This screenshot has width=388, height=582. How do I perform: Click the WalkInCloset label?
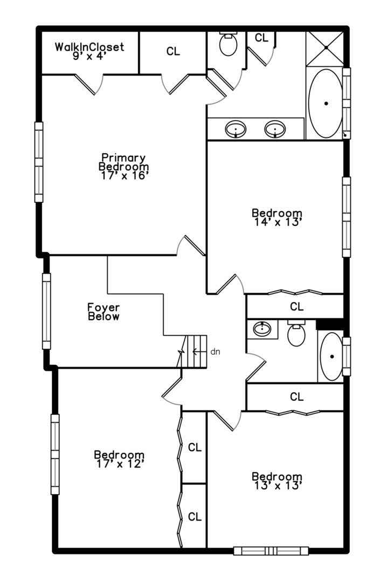(x=89, y=47)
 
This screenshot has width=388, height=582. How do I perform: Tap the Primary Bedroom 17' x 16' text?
(x=123, y=167)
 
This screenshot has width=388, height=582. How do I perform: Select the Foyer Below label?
(x=103, y=312)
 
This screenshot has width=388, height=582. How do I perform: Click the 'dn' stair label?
(x=216, y=351)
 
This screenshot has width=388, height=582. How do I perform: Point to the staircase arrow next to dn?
(x=199, y=351)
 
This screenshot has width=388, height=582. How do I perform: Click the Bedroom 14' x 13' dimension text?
(x=277, y=222)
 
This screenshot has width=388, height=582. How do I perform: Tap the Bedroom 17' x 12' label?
(x=119, y=459)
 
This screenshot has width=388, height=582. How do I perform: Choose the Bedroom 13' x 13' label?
(x=277, y=481)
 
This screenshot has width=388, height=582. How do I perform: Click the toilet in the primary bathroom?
(x=228, y=44)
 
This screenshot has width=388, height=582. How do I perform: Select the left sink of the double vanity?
(x=236, y=129)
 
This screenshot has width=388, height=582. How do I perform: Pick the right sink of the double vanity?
(x=275, y=129)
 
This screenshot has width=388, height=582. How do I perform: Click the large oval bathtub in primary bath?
(x=325, y=103)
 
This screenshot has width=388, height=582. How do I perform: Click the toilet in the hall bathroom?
(x=296, y=334)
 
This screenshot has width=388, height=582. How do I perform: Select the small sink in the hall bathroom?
(x=262, y=329)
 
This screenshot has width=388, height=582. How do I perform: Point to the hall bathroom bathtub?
(x=331, y=356)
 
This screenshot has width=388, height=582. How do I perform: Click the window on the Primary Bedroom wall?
(x=39, y=162)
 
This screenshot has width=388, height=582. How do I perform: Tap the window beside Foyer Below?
(x=46, y=311)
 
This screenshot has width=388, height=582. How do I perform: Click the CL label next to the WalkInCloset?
(x=173, y=51)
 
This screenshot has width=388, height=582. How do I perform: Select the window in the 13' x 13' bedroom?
(x=271, y=551)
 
